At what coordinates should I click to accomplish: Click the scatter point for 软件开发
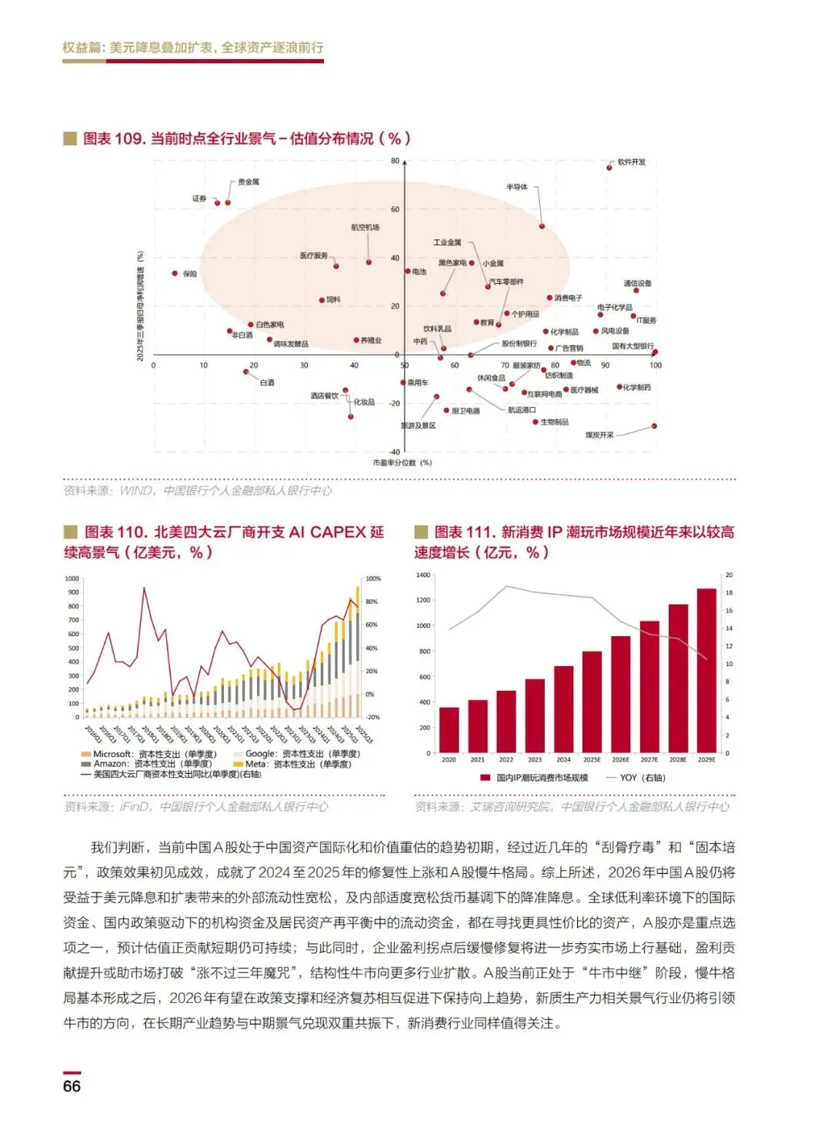tap(609, 167)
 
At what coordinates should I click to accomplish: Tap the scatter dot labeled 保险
tap(175, 273)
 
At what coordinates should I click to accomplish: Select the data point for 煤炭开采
tap(654, 425)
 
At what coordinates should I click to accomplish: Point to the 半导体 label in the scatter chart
tap(517, 187)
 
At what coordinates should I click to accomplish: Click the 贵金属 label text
tap(249, 182)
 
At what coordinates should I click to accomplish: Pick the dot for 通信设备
tap(636, 290)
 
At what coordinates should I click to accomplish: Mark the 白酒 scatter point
tap(246, 372)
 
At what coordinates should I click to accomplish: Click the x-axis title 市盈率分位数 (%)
tap(402, 462)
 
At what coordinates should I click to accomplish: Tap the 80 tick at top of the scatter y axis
tap(395, 162)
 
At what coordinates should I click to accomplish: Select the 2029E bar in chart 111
tap(706, 669)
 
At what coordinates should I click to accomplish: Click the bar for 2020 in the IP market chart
tap(449, 729)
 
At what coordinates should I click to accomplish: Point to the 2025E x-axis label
tap(592, 759)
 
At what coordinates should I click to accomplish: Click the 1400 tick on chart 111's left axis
tap(422, 575)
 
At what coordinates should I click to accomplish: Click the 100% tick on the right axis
tap(373, 579)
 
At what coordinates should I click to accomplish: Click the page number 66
tap(72, 1085)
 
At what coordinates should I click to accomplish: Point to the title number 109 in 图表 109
tap(129, 138)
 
